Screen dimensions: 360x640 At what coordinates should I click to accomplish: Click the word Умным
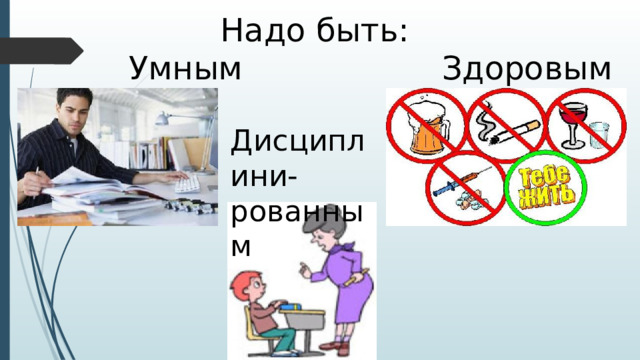(x=186, y=70)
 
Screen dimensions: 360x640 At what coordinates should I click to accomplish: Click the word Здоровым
(x=525, y=70)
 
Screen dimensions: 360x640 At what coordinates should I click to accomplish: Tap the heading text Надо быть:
(x=314, y=30)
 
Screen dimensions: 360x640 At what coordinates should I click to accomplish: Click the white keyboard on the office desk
(x=187, y=183)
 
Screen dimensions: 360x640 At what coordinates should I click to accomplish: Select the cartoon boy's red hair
(x=244, y=280)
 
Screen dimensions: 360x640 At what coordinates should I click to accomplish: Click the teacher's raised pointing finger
(x=300, y=266)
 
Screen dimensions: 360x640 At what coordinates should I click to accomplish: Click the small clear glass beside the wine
(x=600, y=135)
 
